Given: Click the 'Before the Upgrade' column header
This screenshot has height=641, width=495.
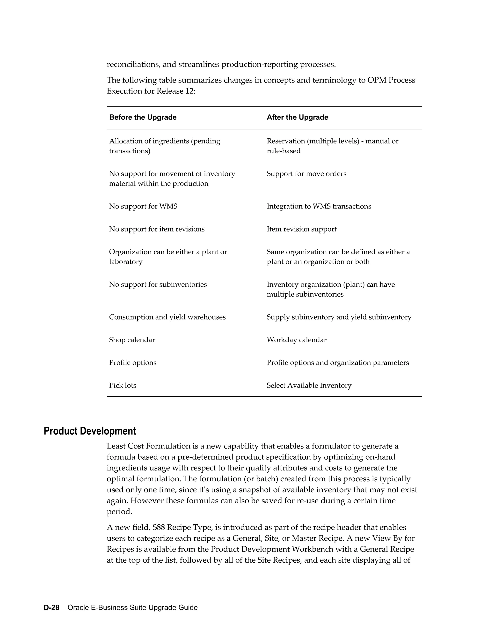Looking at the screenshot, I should (x=143, y=117).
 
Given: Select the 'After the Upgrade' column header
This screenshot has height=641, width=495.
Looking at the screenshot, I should (x=297, y=117).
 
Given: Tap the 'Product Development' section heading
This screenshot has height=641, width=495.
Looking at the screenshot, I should (x=90, y=431).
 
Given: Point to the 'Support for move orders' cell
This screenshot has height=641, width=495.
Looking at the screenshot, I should (x=306, y=174).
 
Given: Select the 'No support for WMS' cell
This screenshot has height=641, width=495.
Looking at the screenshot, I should (x=143, y=206).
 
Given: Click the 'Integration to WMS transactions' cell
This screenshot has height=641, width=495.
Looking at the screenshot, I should (x=319, y=206).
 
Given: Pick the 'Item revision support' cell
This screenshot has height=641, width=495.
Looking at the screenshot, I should (x=301, y=229).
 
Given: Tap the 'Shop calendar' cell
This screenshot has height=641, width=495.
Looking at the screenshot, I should (x=132, y=340).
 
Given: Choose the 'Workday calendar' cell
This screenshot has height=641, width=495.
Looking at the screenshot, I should (x=297, y=340).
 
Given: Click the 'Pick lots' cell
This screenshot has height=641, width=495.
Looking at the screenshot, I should (x=123, y=385).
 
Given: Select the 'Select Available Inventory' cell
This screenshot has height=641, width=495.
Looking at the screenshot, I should (x=309, y=385).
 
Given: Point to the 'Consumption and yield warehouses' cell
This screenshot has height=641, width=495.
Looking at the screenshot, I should (x=167, y=317).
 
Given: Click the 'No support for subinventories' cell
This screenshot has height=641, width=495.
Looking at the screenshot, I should (x=158, y=285).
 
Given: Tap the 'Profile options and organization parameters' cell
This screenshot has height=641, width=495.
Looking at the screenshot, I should (x=337, y=363).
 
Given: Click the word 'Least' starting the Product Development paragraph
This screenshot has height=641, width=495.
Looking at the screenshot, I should (x=116, y=446).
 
